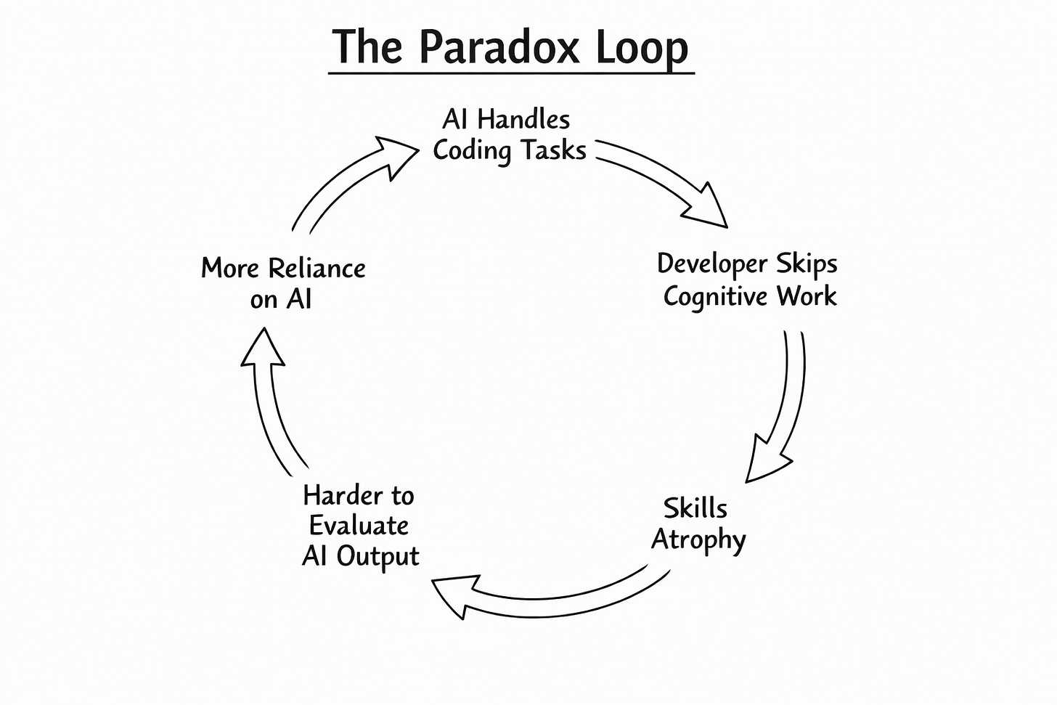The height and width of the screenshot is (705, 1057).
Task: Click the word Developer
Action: pyautogui.click(x=712, y=264)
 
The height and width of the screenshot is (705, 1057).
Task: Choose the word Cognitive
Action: pyautogui.click(x=715, y=297)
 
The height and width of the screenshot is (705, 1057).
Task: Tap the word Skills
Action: pyautogui.click(x=695, y=508)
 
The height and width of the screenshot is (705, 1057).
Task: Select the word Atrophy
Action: pyautogui.click(x=698, y=540)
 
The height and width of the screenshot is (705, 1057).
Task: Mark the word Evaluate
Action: pyautogui.click(x=359, y=526)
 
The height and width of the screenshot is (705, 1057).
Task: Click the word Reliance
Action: pyautogui.click(x=317, y=269)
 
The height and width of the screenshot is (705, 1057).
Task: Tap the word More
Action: pyautogui.click(x=230, y=269)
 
